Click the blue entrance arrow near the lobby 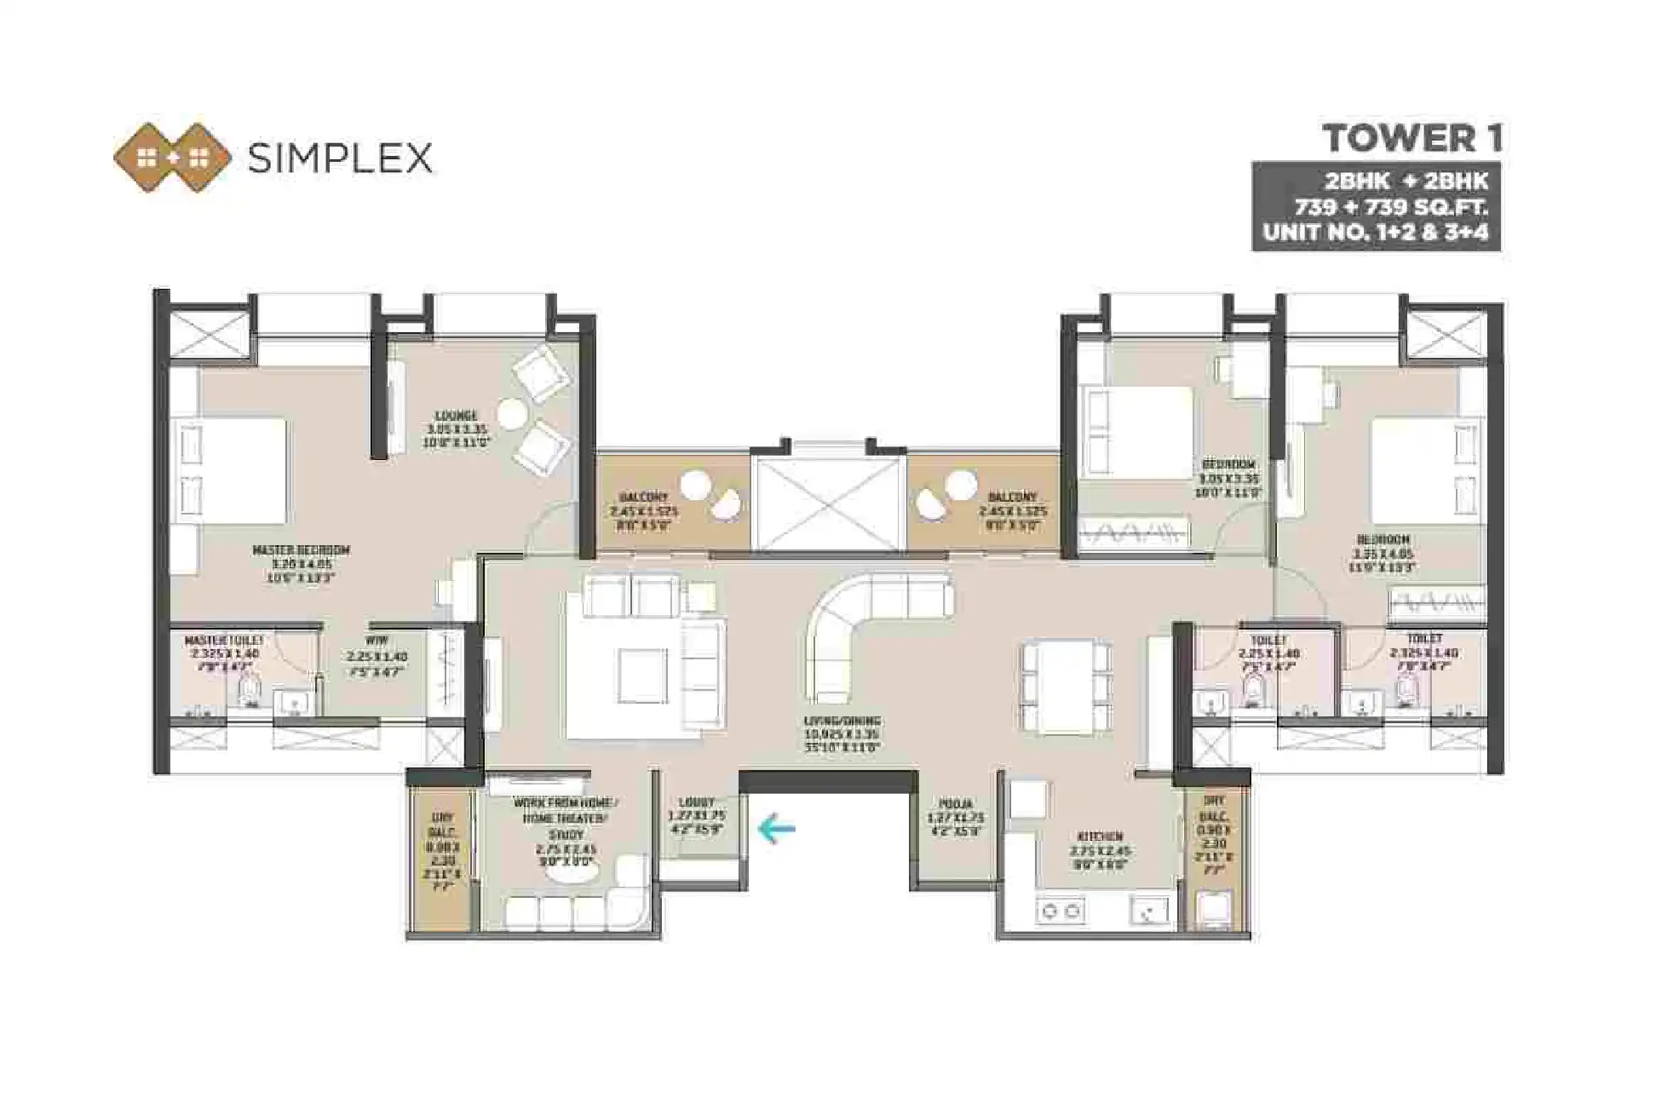(x=776, y=827)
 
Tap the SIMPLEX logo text (x=340, y=158)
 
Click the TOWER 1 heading (x=1412, y=139)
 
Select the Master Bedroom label (x=301, y=550)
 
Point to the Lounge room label (x=456, y=417)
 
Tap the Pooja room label (x=956, y=803)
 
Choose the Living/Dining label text (x=842, y=722)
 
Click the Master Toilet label (x=224, y=640)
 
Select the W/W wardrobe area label (x=377, y=641)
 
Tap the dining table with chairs (x=1066, y=687)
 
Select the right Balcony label (x=1012, y=497)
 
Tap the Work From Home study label (x=566, y=803)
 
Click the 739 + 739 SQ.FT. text (x=1390, y=207)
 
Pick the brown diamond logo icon (x=173, y=158)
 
